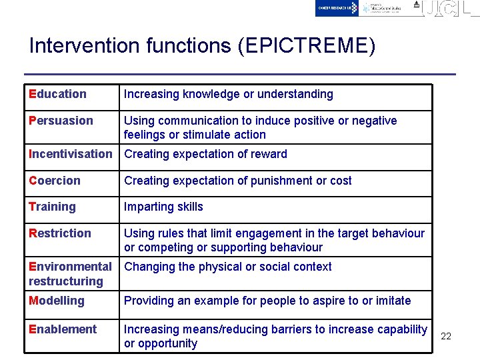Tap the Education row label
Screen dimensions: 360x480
click(57, 94)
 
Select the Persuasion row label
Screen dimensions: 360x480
click(61, 121)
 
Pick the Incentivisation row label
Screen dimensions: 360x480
click(71, 154)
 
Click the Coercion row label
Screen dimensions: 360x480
click(55, 181)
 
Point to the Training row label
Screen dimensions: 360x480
click(52, 207)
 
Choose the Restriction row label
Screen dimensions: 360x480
click(60, 233)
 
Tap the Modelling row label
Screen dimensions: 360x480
click(57, 301)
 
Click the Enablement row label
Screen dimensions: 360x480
click(63, 329)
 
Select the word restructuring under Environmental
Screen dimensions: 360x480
click(66, 281)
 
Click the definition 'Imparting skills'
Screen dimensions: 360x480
click(163, 207)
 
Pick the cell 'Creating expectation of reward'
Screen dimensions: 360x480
click(205, 154)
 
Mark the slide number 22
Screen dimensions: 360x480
click(446, 336)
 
